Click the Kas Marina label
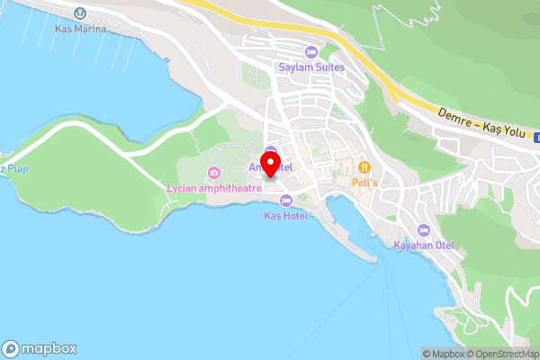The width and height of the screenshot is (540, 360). [80, 29]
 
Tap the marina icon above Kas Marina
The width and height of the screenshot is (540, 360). [80, 13]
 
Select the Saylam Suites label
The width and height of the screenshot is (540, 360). [311, 66]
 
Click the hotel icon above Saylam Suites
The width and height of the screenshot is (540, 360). [311, 50]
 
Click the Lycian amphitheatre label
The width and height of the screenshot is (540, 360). [214, 188]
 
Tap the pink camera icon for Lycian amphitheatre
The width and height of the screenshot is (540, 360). [213, 173]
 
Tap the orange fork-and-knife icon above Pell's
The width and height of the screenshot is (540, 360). [364, 166]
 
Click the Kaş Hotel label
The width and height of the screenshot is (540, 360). [286, 216]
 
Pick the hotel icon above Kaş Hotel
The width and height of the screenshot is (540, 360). [286, 201]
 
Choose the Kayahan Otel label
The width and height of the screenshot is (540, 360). [425, 245]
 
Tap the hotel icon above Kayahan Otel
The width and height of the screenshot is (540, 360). [425, 229]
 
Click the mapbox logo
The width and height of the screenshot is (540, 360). [40, 348]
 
